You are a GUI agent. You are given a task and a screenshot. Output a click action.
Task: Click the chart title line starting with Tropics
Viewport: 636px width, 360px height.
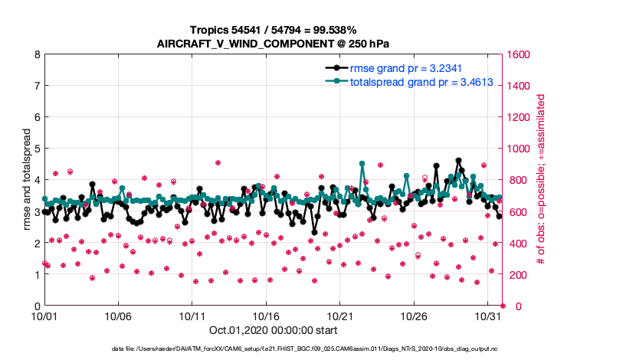[x=274, y=29]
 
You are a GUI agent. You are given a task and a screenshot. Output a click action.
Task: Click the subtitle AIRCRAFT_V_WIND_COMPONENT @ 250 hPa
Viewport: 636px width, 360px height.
[x=274, y=43]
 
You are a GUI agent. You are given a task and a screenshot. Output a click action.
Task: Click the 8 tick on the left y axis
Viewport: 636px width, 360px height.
[x=37, y=54]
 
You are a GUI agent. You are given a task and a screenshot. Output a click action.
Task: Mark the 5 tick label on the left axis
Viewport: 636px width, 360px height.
[x=37, y=149]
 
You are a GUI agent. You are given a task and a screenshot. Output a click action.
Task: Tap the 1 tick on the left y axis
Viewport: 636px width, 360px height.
[x=37, y=275]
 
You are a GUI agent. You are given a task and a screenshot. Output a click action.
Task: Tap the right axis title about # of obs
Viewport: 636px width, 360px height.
[x=540, y=180]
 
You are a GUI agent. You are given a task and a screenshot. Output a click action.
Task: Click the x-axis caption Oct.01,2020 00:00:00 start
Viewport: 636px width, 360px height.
[x=274, y=330]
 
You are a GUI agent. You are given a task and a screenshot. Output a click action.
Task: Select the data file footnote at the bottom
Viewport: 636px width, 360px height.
[x=317, y=349]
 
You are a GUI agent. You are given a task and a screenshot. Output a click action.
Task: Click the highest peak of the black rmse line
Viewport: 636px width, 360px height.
[x=458, y=161]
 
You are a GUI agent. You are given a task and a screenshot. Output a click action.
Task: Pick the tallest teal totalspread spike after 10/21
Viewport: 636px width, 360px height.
[x=362, y=163]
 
